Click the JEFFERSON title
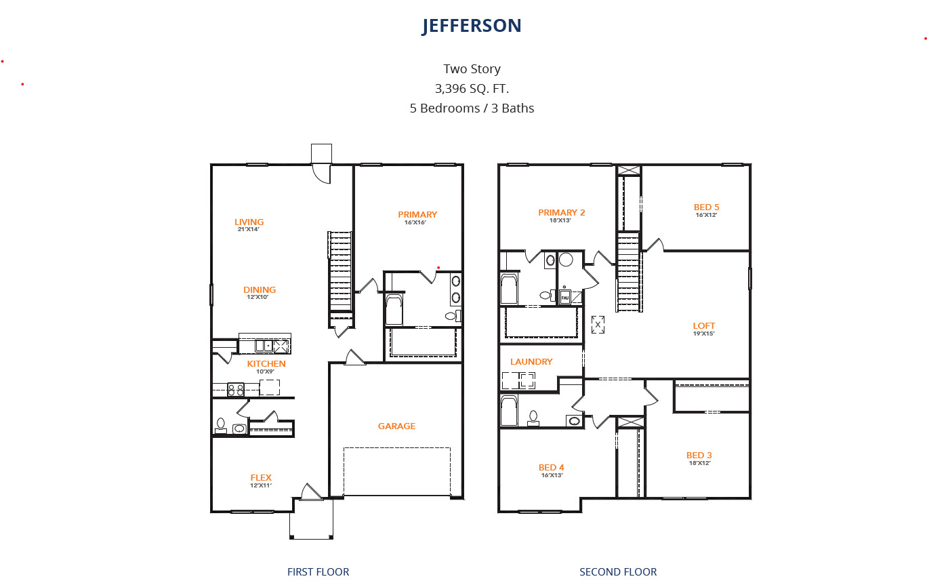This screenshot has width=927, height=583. tap(472, 26)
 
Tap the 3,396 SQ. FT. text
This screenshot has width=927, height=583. tap(472, 89)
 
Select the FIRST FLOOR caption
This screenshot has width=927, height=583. tap(318, 572)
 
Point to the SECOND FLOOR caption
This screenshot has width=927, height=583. tap(618, 572)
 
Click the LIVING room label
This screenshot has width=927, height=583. tap(249, 222)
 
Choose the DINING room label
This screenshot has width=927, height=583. tap(260, 290)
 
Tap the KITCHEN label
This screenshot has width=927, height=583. tap(266, 363)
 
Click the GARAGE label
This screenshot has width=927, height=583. tap(396, 426)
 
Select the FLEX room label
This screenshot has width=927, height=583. tap(261, 477)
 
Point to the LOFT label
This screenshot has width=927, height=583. tap(704, 326)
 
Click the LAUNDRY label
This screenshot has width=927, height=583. tap(531, 361)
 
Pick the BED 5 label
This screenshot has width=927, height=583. tap(706, 207)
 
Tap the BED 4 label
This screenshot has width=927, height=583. tap(551, 468)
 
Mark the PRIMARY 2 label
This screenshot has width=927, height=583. tap(562, 212)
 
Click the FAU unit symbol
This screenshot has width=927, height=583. tap(565, 298)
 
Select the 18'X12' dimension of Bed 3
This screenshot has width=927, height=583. tap(699, 463)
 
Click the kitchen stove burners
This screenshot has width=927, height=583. tap(236, 390)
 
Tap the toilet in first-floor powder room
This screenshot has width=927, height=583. tap(221, 425)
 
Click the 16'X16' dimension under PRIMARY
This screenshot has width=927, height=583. tap(415, 222)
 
